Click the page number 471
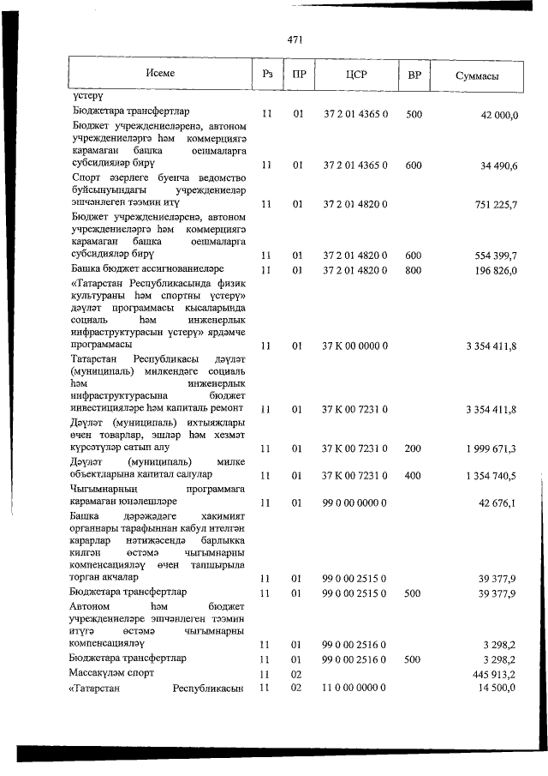tap(297, 39)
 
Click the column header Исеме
tap(161, 74)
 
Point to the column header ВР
tap(414, 75)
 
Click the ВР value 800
tap(414, 270)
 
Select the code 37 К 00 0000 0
tap(355, 346)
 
